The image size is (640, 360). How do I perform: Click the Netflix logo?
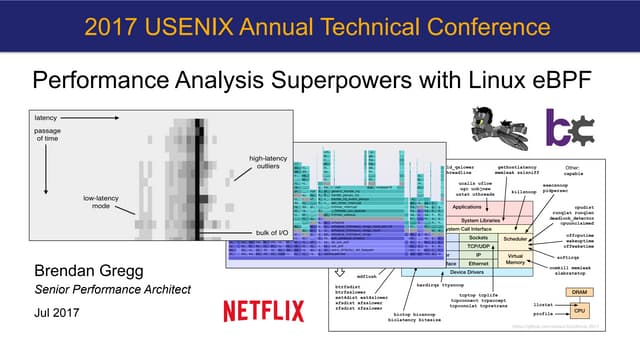coord(263,311)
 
